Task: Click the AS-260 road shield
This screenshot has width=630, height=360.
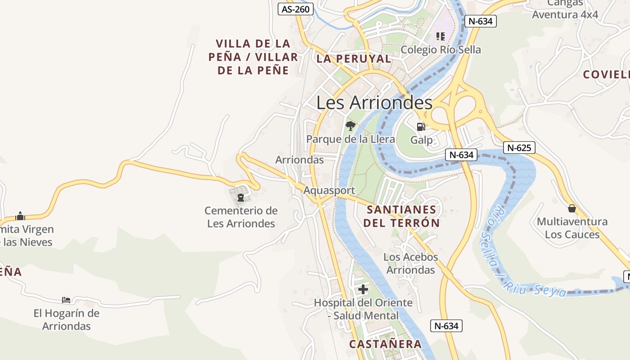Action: [x=296, y=9]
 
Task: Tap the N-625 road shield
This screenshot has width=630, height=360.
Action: [x=519, y=148]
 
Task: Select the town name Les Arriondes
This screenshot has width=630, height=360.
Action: [x=374, y=103]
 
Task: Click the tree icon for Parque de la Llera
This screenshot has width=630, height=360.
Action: [x=350, y=126]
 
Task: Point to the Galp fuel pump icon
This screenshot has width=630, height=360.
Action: [x=421, y=127]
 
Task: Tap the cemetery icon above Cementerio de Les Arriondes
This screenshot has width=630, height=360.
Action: [x=240, y=197]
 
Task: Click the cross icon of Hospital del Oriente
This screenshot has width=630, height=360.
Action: [x=363, y=289]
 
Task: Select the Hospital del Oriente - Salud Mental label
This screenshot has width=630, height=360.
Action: [x=363, y=309]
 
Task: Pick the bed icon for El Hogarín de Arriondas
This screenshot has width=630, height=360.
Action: [x=66, y=300]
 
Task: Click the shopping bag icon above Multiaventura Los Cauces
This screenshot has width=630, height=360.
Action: [x=571, y=208]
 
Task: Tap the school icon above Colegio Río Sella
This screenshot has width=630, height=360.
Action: [x=440, y=36]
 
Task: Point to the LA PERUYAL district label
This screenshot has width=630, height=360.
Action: [x=354, y=58]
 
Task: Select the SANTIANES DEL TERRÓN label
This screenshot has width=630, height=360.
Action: [x=401, y=216]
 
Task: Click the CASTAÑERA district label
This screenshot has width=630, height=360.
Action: [x=386, y=344]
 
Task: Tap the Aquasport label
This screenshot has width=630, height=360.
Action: [x=329, y=190]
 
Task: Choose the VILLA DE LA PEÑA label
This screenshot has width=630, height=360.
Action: [x=253, y=57]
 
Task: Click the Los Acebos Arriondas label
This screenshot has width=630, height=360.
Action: [x=410, y=263]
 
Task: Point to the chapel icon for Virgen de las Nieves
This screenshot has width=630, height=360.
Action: [x=20, y=216]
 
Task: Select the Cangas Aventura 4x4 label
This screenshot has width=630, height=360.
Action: [x=565, y=9]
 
